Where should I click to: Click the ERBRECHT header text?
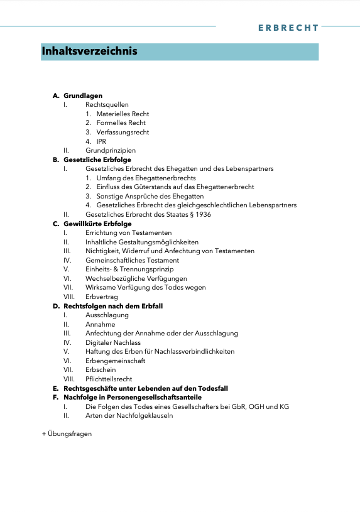(288, 28)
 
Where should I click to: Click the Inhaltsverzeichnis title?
(89, 51)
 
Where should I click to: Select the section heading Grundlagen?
(83, 95)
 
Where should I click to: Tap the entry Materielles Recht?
(123, 114)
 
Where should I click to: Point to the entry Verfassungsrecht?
(123, 132)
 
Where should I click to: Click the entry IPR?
(101, 141)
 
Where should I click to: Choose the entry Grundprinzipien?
(111, 150)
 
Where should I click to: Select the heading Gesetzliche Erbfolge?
(97, 160)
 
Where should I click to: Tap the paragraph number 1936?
(202, 214)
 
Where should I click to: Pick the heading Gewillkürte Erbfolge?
(97, 224)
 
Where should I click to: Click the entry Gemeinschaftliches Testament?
(132, 260)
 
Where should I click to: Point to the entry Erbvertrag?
(101, 297)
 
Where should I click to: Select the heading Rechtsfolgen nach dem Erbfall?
(113, 306)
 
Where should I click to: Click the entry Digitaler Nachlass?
(113, 342)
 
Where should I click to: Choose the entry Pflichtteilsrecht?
(109, 379)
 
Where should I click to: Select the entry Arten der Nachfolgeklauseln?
(129, 415)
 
